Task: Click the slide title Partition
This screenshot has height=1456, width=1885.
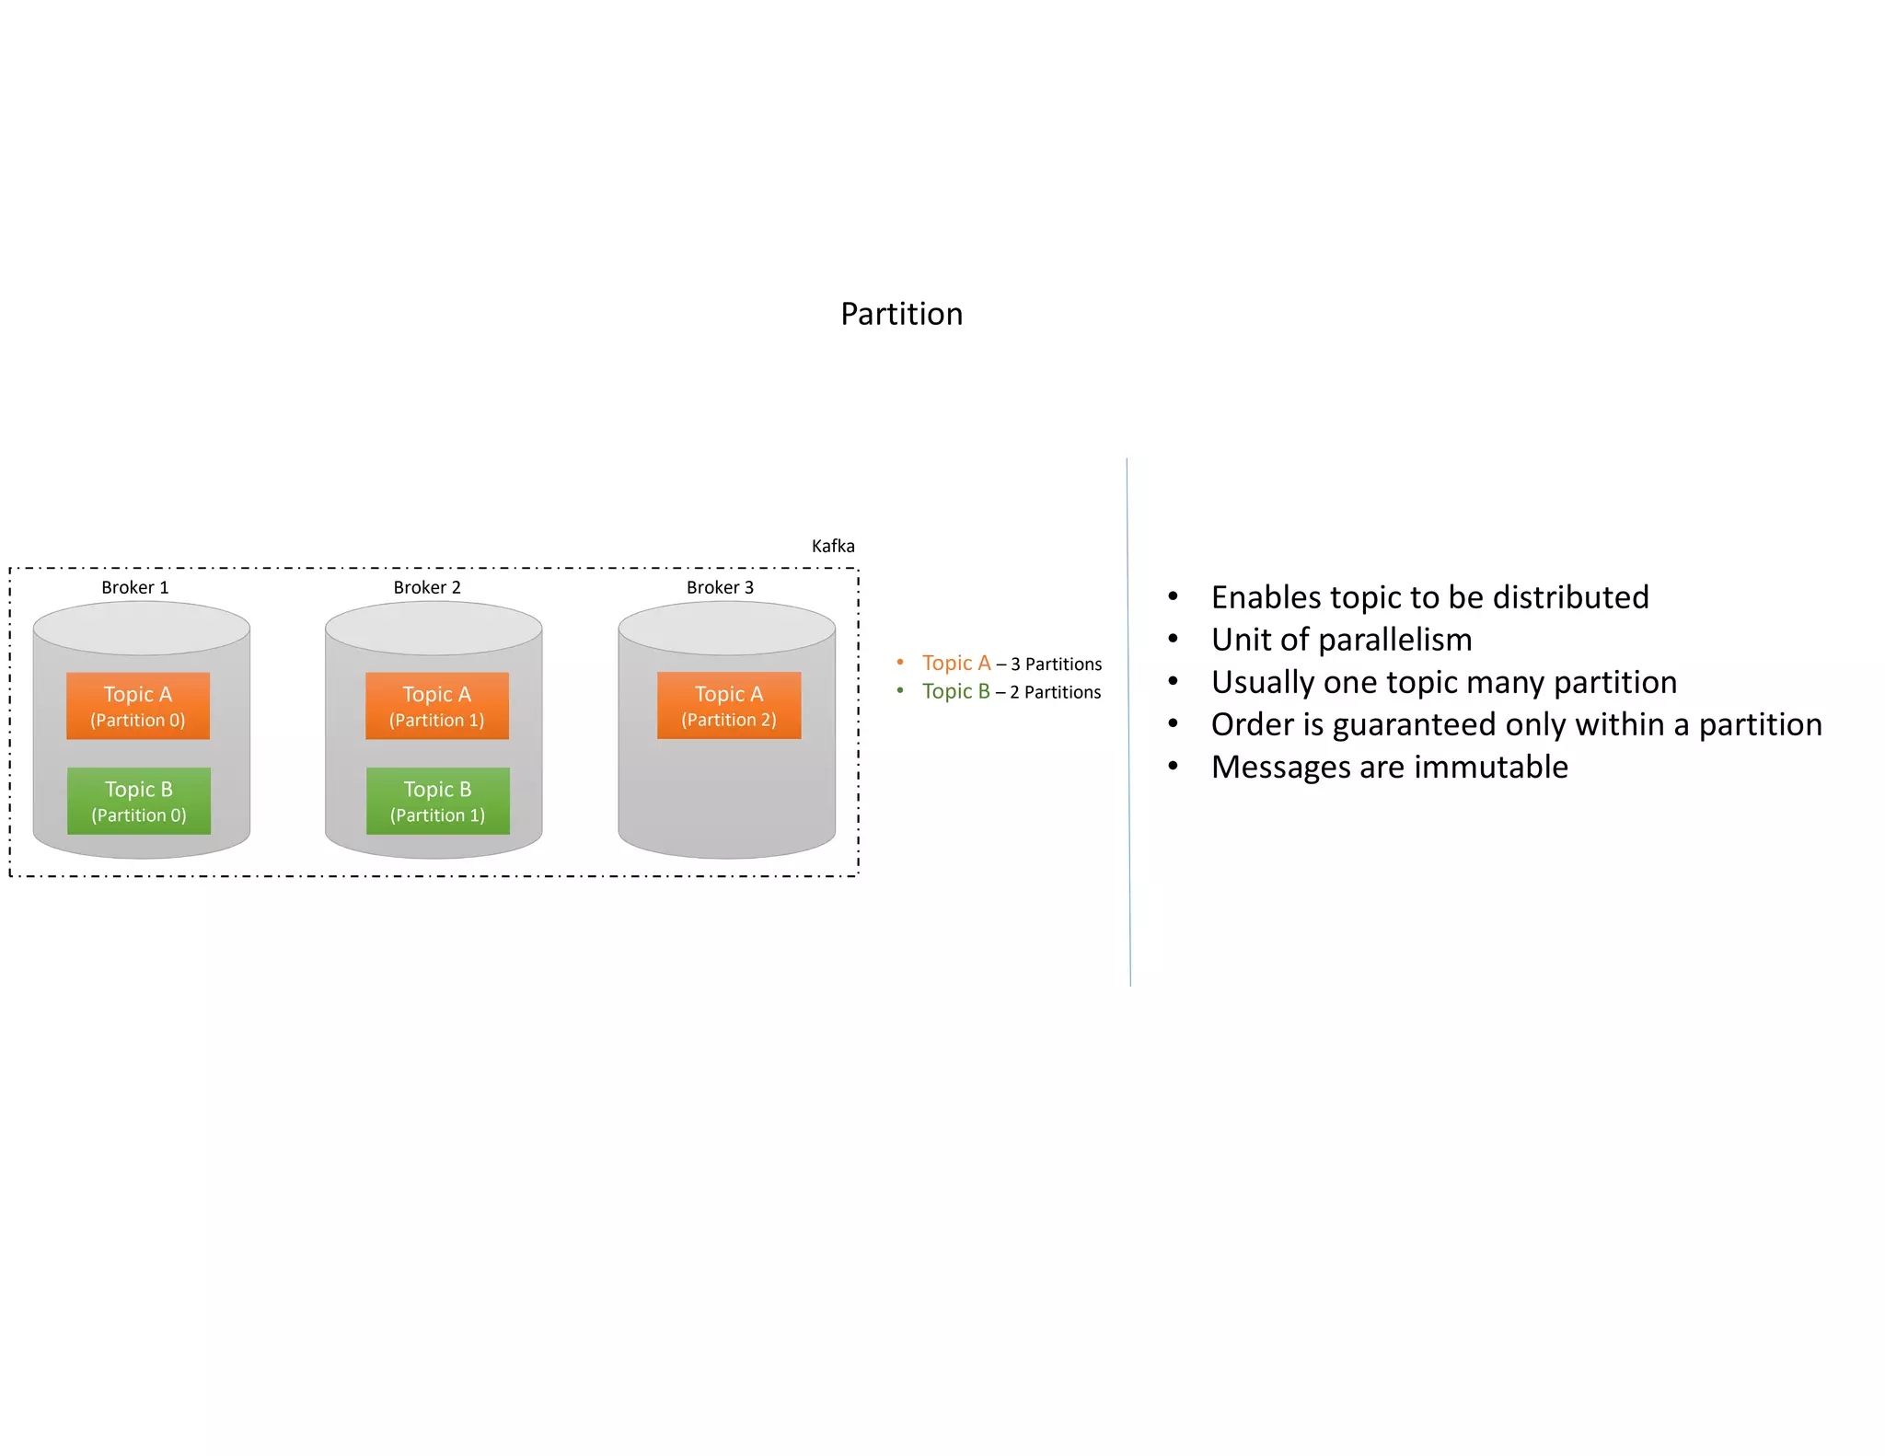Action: [901, 314]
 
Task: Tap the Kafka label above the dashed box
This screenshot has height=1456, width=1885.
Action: [832, 546]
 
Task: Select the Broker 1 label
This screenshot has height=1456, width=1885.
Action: [134, 587]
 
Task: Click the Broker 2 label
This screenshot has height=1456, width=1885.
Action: [426, 587]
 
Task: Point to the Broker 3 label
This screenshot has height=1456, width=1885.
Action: [719, 587]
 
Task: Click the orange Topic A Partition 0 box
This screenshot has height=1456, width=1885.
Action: [138, 706]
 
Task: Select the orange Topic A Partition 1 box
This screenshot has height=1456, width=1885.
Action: [436, 706]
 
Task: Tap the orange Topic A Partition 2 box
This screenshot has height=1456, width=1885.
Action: [728, 706]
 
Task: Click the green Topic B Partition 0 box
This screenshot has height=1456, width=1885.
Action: [138, 801]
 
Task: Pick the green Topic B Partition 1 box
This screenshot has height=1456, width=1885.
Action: [437, 801]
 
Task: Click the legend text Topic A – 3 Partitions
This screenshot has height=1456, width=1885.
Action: [1011, 664]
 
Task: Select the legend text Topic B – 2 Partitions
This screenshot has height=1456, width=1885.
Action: [1011, 691]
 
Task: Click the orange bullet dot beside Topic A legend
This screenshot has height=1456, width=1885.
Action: [899, 662]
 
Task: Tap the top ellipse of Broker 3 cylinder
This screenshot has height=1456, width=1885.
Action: [726, 629]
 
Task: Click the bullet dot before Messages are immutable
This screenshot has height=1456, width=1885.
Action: [1173, 766]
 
